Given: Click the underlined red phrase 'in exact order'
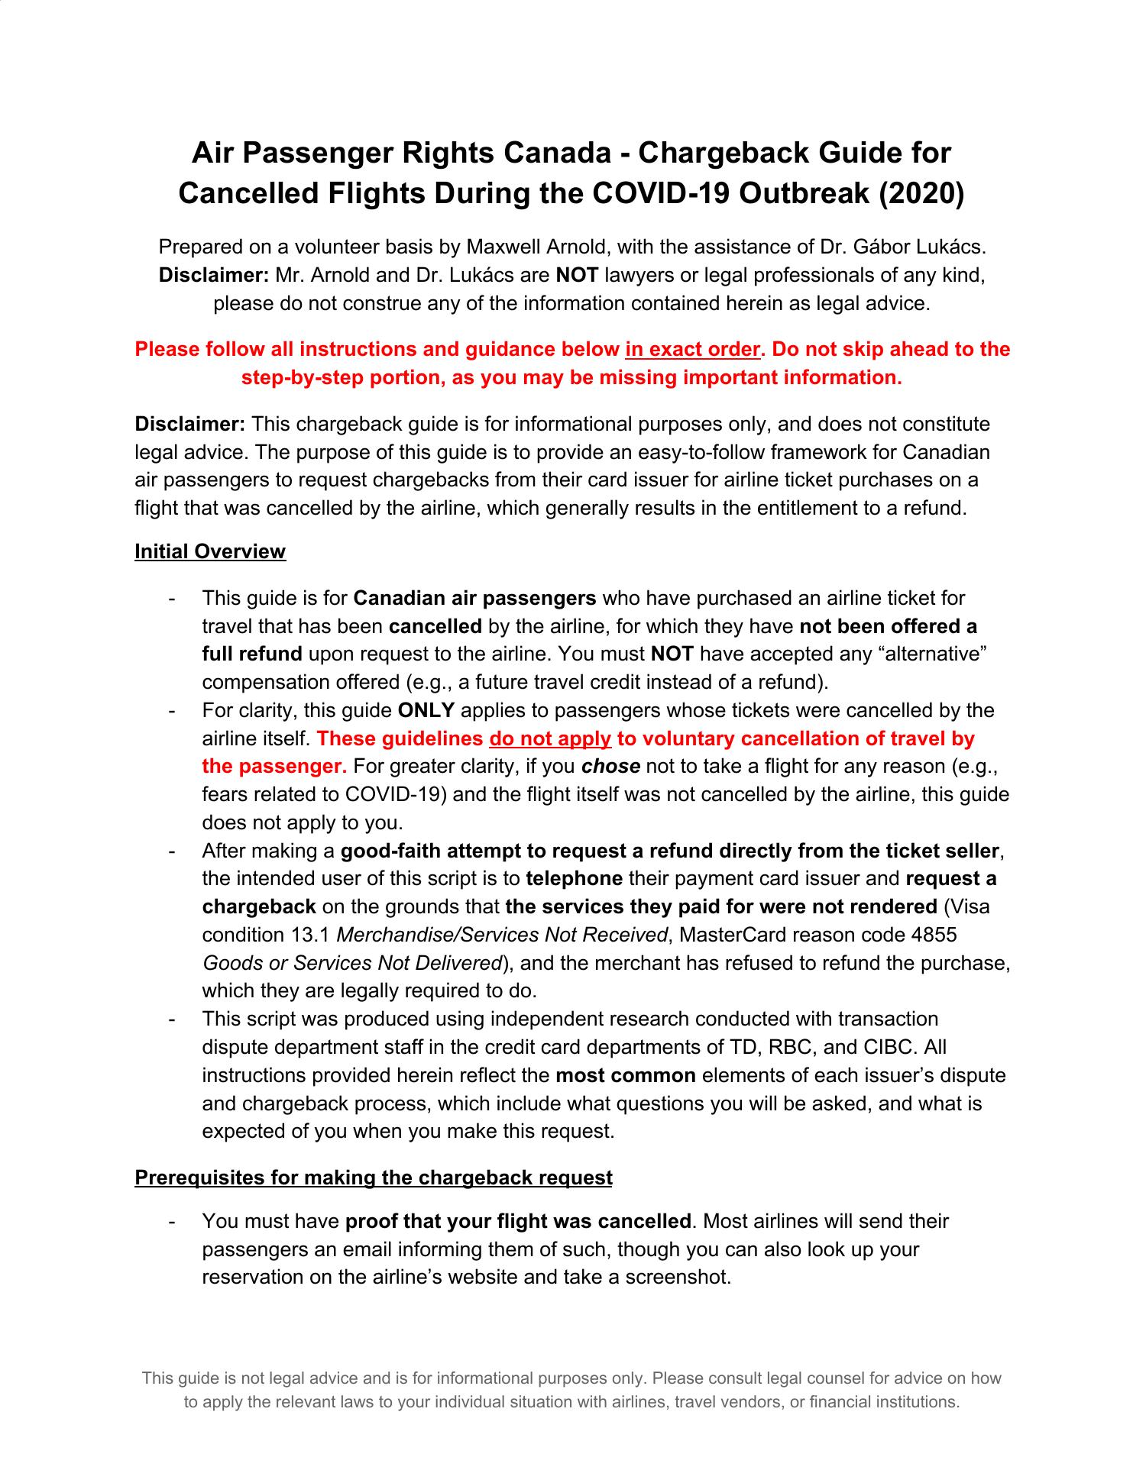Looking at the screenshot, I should point(693,349).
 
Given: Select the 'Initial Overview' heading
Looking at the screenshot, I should point(210,551).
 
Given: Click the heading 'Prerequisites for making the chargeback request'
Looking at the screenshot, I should point(374,1178).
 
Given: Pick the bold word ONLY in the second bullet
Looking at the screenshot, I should point(426,710).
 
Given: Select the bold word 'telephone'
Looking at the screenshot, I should point(574,878).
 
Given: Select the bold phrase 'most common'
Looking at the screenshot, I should point(625,1075).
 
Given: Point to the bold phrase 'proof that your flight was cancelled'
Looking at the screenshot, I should point(518,1221).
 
